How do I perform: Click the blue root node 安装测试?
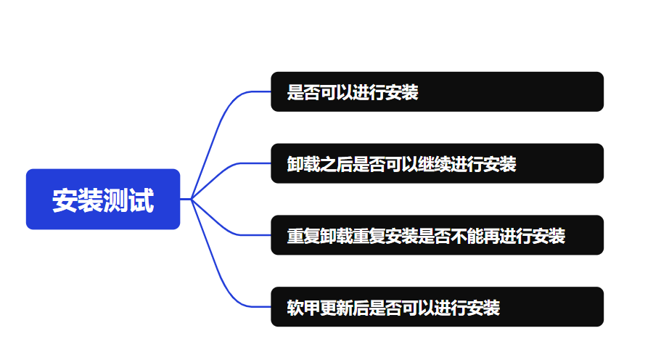point(102,200)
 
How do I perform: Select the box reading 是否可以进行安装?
point(437,92)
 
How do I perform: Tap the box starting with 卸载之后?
point(437,164)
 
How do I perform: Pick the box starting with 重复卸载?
point(437,236)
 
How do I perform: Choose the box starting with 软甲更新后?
point(437,308)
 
